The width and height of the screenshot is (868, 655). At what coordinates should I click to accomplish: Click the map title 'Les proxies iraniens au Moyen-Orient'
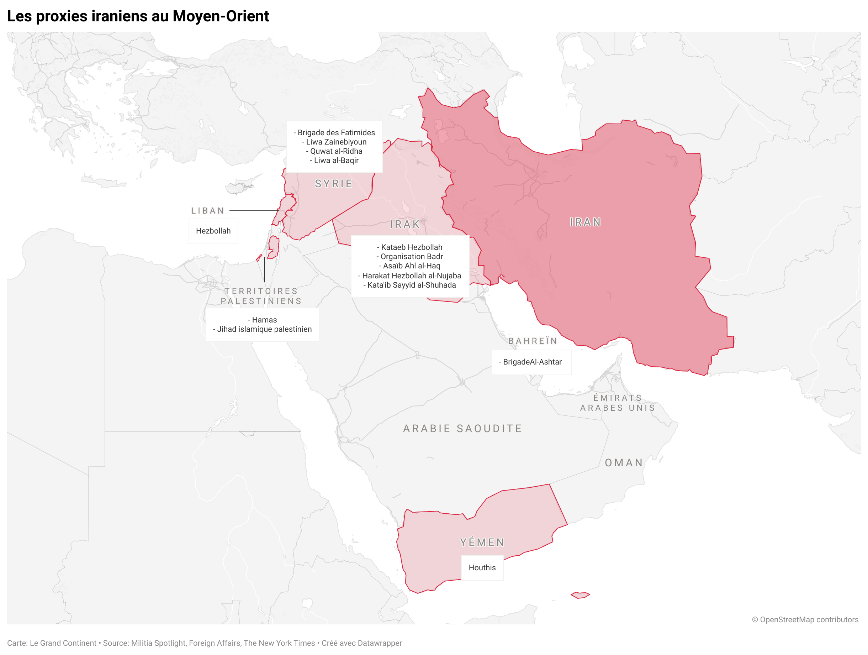[138, 16]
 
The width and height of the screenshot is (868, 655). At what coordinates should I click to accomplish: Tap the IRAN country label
[585, 222]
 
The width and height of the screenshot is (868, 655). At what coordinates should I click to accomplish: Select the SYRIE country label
[334, 184]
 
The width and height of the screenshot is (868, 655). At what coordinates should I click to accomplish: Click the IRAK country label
[404, 224]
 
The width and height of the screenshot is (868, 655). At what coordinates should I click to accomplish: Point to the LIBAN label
[208, 211]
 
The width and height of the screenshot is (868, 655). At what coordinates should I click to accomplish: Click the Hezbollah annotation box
[213, 231]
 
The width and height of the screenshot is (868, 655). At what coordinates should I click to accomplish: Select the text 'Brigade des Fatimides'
[336, 133]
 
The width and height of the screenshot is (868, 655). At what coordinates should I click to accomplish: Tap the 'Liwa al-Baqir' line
[336, 160]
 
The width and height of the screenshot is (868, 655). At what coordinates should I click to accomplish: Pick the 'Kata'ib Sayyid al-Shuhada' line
[411, 285]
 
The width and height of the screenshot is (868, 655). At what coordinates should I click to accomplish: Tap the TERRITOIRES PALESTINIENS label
[261, 296]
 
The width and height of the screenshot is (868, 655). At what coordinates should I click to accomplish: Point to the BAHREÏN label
[533, 341]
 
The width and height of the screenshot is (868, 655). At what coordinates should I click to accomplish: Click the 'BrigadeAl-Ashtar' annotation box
[532, 362]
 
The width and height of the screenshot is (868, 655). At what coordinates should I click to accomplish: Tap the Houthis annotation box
[482, 568]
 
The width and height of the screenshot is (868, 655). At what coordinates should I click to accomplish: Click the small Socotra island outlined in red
[580, 595]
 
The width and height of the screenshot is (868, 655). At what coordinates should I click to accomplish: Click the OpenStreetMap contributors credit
[805, 620]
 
